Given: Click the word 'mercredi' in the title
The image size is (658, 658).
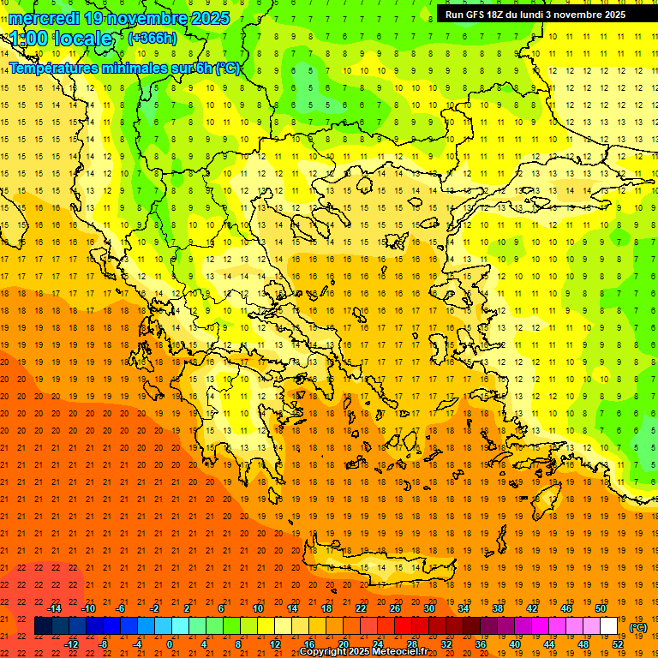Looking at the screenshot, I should point(45,18).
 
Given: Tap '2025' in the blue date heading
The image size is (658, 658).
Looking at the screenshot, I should point(206,18).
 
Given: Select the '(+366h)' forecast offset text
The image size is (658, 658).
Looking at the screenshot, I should point(153,38).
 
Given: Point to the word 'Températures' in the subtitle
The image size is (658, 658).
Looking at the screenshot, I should point(53,68).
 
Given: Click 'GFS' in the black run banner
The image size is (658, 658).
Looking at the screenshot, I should point(480,15).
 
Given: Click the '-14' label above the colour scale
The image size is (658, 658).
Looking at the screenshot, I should point(54,608).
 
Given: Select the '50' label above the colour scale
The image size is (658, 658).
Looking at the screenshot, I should point(601,608).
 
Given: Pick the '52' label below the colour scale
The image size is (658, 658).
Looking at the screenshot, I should point(618,644).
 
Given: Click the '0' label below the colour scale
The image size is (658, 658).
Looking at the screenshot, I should point(170,644).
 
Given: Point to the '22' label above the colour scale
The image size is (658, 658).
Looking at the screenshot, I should point(361,608).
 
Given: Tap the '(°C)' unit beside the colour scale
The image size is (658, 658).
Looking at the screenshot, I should point(638,627).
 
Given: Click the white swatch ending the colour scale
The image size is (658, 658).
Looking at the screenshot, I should point(609,626).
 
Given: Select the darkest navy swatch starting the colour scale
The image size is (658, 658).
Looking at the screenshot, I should point(43,626).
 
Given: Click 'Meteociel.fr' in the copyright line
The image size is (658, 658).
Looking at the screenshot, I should point(399,652).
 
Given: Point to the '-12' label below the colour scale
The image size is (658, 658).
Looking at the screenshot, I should point(71,644).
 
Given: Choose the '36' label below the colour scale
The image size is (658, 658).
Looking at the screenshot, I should point(481,644).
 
